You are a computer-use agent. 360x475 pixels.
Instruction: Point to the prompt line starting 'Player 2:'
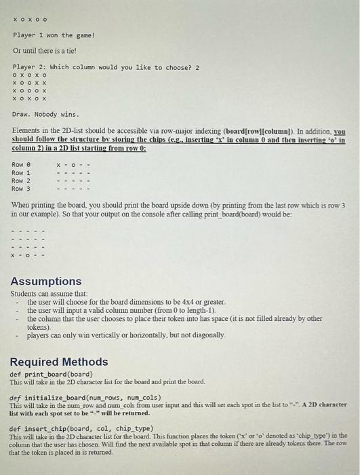point(106,67)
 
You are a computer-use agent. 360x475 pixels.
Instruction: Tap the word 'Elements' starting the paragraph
point(26,129)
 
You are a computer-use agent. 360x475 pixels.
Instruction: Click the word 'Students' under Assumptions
point(24,294)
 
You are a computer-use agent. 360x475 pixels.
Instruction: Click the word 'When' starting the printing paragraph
point(20,205)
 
